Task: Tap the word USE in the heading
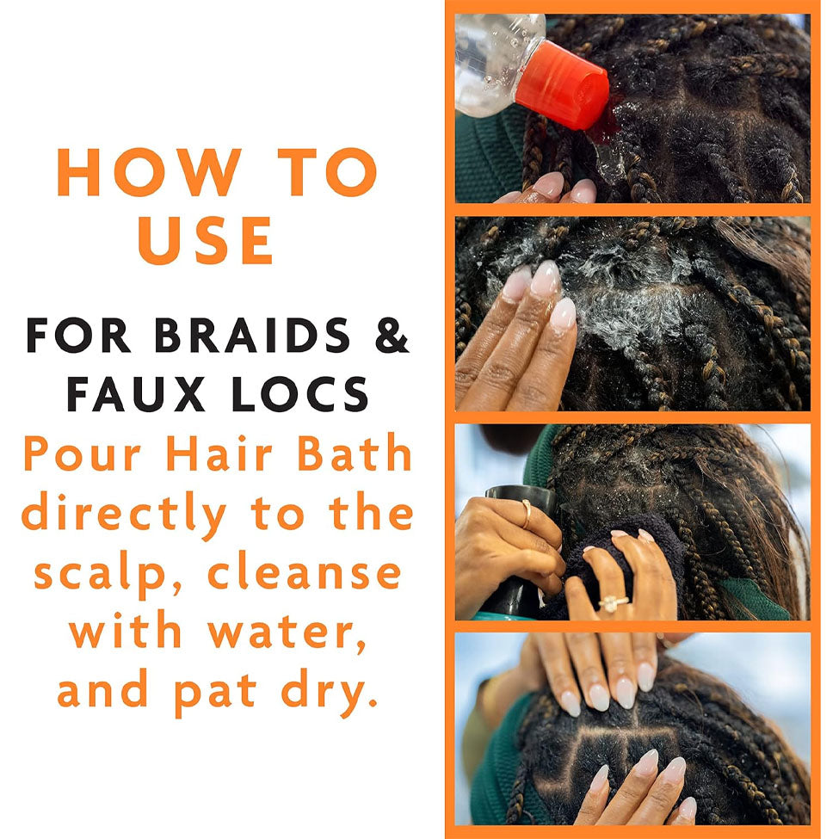point(206,240)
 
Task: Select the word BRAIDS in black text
point(252,336)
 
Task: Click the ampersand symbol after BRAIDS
point(392,336)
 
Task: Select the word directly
point(124,515)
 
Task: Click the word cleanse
point(305,573)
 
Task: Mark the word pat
point(215,694)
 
